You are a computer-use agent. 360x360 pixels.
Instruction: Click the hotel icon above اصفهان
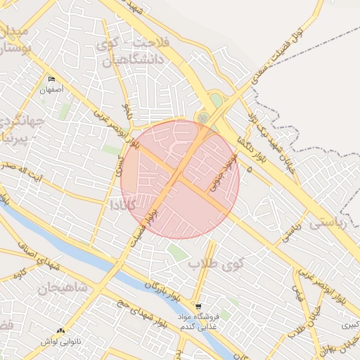[51, 79]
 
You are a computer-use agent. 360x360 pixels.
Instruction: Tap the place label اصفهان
[51, 91]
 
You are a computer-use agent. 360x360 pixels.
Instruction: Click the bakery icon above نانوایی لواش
[60, 330]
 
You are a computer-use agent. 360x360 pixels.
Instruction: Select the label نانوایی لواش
[60, 341]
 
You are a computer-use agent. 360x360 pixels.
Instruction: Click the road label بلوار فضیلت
[150, 217]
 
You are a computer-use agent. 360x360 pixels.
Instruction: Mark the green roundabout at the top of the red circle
[203, 117]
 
